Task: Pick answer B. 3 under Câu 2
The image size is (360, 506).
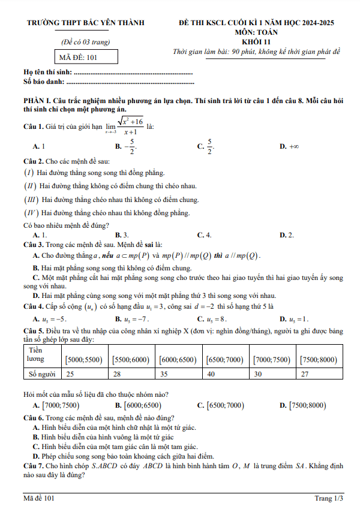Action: pyautogui.click(x=122, y=235)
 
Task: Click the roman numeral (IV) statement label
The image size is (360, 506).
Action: pyautogui.click(x=31, y=213)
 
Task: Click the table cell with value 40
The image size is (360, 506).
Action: pyautogui.click(x=211, y=374)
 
